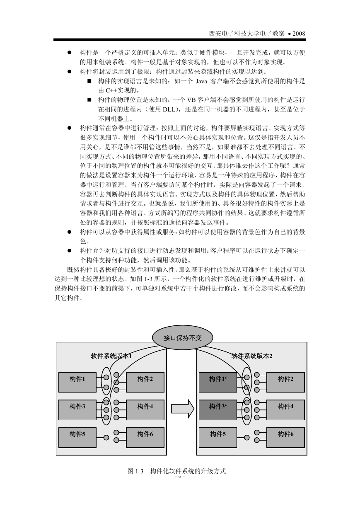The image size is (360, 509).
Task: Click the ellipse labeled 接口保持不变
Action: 182,338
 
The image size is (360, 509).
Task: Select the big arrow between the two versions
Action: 183,409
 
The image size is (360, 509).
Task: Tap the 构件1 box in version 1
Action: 77,382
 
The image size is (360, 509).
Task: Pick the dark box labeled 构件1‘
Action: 218,382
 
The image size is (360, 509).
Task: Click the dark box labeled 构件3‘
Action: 218,410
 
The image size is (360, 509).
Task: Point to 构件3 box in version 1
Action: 77,410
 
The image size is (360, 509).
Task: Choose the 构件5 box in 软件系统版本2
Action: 218,437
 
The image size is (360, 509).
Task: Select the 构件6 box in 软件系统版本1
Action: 145,437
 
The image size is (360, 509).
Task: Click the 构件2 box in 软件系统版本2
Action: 285,382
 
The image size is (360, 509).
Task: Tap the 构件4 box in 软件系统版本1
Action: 145,410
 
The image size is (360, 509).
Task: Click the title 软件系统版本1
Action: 111,356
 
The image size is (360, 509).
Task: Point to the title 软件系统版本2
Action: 251,356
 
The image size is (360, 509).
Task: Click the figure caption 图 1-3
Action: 135,471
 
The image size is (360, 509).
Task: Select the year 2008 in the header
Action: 299,34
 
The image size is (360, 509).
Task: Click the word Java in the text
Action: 201,81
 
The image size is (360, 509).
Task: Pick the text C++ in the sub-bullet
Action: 111,90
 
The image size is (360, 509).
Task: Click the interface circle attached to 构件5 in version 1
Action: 106,437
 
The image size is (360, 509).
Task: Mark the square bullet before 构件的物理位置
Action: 89,100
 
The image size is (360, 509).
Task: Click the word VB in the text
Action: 191,100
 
